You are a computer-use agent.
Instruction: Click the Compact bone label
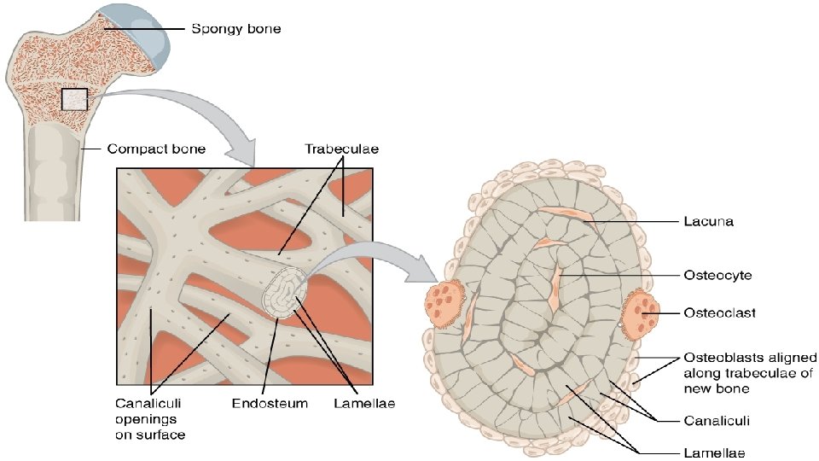coord(156,149)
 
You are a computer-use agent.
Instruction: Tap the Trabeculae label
coord(341,149)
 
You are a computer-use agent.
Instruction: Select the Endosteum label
coord(270,401)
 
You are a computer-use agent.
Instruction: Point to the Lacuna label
coord(709,221)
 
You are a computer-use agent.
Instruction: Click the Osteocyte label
coord(717,276)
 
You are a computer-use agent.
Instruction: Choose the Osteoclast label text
coord(719,313)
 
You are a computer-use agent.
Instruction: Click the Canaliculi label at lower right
coord(717,420)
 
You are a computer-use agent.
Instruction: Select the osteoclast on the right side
coord(642,313)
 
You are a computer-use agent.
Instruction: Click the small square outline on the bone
coord(74,100)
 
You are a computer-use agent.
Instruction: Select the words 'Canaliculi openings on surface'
coord(149,417)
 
